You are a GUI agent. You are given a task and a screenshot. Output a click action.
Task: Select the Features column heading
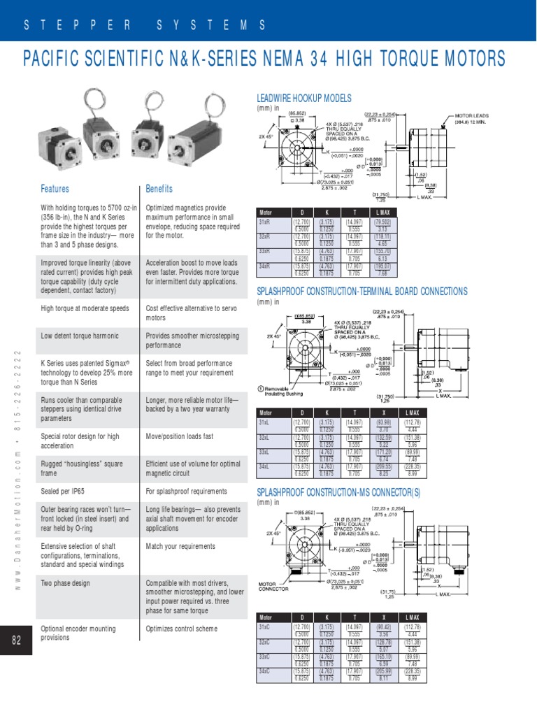pos(55,189)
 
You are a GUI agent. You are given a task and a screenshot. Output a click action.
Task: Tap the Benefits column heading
pos(159,189)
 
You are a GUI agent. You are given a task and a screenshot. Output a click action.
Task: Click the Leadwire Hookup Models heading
pos(305,99)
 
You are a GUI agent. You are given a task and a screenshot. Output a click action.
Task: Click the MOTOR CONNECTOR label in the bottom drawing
pos(273,586)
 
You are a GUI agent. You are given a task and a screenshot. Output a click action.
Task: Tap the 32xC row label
pos(265,641)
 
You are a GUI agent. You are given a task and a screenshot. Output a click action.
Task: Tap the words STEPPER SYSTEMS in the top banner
pos(145,25)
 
